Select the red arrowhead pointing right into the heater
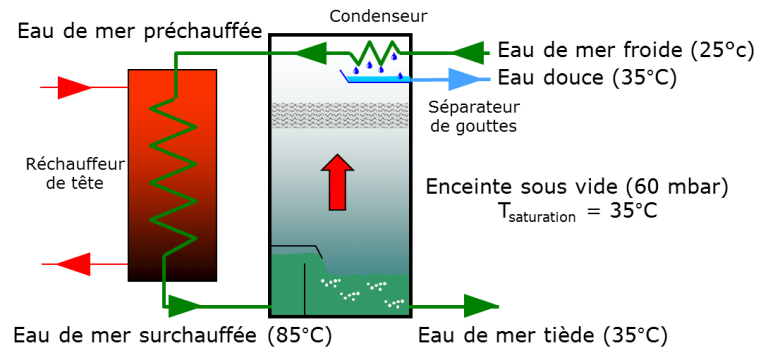pos(73,88)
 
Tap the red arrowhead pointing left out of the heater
pos(74,264)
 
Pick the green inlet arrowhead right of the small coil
pos(466,53)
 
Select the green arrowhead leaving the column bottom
pos(481,306)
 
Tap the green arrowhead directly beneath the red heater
pos(185,306)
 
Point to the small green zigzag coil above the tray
pos(376,53)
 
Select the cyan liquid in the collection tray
pos(380,79)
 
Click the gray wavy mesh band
pos(340,115)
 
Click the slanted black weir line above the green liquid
pos(319,252)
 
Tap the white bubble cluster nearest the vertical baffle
pos(330,283)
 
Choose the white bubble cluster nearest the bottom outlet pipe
pos(394,303)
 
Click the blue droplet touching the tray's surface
pos(400,75)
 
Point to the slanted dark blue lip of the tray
pos(344,75)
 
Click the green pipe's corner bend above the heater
pos(176,54)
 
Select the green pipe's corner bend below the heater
pos(165,306)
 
